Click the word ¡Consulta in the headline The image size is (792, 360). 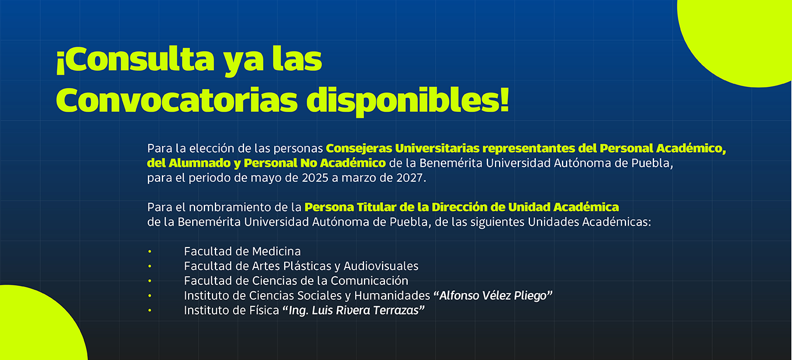[x=136, y=60]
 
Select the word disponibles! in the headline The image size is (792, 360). [x=408, y=102]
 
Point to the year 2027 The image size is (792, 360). [x=411, y=178]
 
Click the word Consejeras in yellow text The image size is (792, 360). [x=359, y=148]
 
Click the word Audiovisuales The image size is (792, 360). [x=381, y=266]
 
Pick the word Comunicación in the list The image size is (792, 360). [x=369, y=281]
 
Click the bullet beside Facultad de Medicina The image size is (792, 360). [x=150, y=252]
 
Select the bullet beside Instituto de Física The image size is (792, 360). [x=150, y=310]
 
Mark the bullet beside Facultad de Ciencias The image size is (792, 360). [x=150, y=281]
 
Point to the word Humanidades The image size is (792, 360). [x=392, y=296]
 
